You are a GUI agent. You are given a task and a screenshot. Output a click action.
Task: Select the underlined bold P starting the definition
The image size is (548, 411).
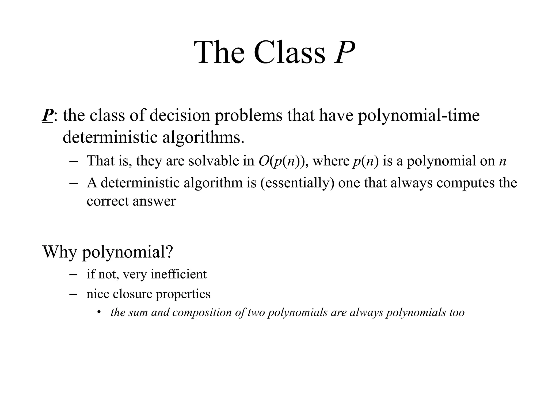pos(48,116)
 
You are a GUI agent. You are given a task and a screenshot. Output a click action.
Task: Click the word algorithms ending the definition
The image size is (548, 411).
pos(203,137)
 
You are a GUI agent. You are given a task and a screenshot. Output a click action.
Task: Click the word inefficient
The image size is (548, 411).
pos(178,274)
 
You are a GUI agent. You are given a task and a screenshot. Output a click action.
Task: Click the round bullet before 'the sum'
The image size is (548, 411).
pos(99,312)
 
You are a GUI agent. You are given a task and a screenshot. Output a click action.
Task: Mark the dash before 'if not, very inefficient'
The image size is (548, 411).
pos(73,275)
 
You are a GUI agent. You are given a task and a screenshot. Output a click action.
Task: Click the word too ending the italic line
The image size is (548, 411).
pos(457,313)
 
